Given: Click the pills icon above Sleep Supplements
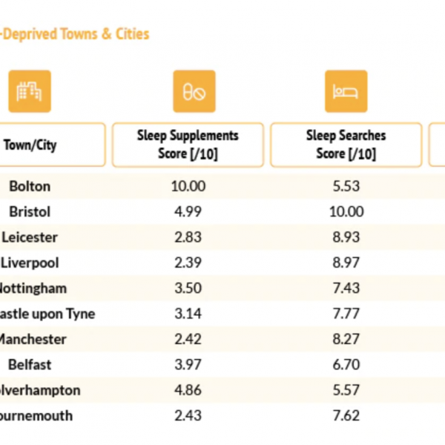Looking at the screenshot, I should click(x=194, y=91).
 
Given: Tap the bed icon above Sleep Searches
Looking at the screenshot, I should click(x=346, y=91).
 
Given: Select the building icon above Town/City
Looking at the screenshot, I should click(x=30, y=91).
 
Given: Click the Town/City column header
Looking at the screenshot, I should click(x=30, y=145).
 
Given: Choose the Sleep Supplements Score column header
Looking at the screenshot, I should click(x=188, y=145).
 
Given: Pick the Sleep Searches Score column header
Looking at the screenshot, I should click(x=346, y=145).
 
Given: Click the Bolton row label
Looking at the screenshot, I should click(x=30, y=186).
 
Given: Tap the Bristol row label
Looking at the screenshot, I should click(x=30, y=211).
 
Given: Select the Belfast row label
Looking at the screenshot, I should click(x=30, y=364).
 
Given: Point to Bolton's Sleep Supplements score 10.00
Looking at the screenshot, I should click(x=188, y=186).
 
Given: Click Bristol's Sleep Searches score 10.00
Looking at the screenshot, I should click(x=346, y=211).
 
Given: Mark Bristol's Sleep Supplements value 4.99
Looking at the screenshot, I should click(x=188, y=211).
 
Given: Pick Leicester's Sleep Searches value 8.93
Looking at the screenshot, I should click(x=346, y=237).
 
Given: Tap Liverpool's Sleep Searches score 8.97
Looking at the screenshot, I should click(x=346, y=263).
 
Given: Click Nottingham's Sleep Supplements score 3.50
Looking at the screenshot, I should click(x=188, y=288).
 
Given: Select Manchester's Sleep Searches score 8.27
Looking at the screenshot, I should click(x=346, y=339).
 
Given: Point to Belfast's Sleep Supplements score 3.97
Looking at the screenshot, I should click(x=188, y=364).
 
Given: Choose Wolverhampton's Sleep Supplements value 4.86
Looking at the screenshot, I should click(x=188, y=390).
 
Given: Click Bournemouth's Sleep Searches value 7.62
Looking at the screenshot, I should click(x=346, y=415).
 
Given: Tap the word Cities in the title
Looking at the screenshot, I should click(x=131, y=34).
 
